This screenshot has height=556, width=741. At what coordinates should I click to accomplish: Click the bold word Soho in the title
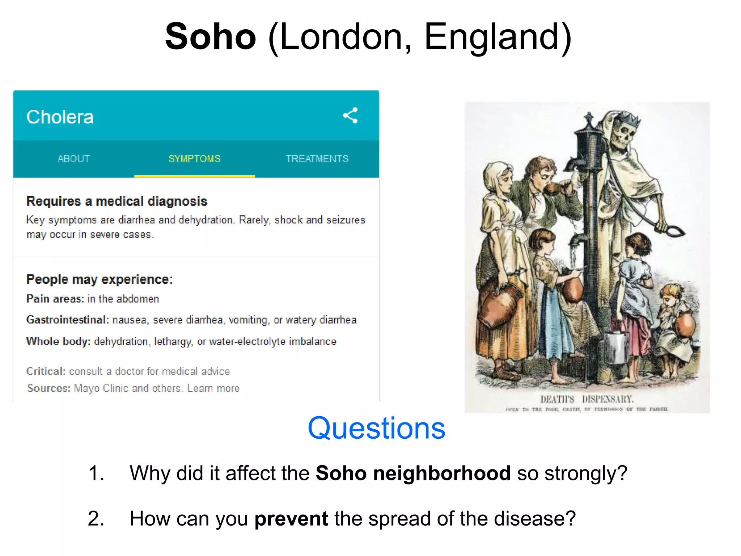210,37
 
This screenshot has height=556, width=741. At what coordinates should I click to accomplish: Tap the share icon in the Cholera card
350,115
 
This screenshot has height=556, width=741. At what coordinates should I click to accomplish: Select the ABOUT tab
74,159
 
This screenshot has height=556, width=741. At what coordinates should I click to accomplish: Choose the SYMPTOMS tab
194,159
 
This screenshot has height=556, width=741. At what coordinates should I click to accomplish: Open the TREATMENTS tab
317,159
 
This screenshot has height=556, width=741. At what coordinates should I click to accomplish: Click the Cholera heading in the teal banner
60,117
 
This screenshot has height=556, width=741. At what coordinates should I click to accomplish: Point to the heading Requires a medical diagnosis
117,201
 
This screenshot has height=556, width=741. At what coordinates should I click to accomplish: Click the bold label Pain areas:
55,299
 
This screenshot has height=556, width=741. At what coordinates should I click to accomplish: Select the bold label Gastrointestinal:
67,320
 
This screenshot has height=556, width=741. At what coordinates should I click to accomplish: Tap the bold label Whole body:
58,341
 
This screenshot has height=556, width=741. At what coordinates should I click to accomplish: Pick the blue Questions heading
376,428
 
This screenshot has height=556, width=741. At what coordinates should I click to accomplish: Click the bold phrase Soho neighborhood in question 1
413,473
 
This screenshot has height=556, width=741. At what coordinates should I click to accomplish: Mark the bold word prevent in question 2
291,518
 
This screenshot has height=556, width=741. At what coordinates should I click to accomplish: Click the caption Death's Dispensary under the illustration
587,399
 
